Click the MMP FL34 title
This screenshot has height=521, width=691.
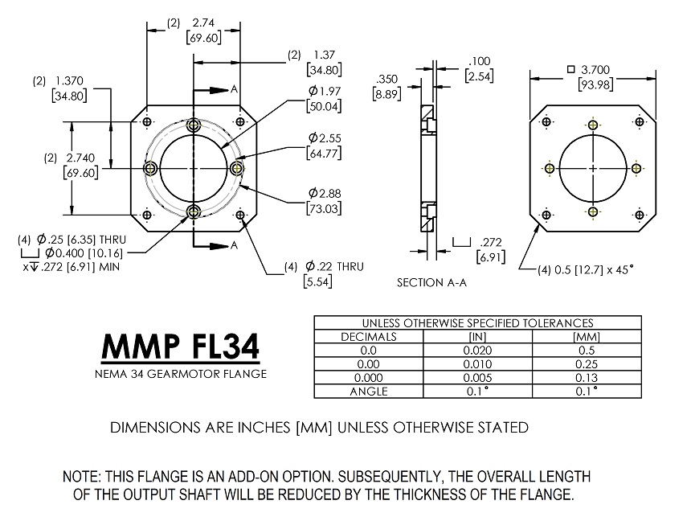point(180,347)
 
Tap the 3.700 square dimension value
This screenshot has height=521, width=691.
point(599,70)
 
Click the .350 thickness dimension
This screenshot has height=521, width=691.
point(386,79)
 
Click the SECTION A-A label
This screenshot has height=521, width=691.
point(431,283)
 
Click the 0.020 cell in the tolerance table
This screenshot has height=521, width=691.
point(477,351)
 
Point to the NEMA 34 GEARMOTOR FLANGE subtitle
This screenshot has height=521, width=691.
point(180,374)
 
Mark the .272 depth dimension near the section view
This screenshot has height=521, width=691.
point(489,241)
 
